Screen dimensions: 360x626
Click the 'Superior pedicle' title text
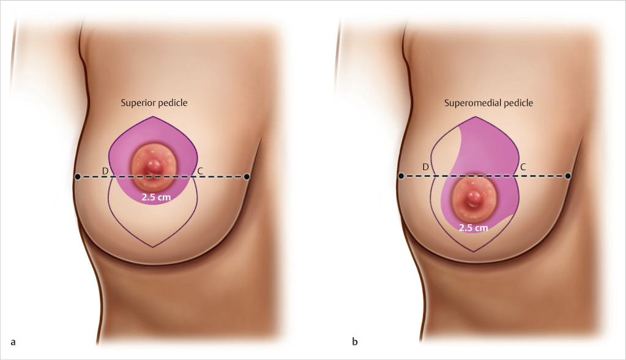point(153,103)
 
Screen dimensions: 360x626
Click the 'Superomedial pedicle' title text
point(488,103)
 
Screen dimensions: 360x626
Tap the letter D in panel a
point(105,170)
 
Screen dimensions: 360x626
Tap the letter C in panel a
point(200,170)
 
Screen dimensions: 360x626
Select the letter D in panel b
point(425,167)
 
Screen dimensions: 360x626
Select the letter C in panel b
point(523,167)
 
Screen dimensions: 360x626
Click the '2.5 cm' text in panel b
point(474,228)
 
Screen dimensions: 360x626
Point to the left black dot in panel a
point(78,177)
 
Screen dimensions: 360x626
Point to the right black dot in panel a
point(247,176)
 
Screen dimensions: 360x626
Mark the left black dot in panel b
point(401,176)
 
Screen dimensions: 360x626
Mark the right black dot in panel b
point(568,176)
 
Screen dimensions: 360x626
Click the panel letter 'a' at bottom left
point(12,340)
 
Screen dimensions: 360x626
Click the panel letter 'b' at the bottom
point(354,340)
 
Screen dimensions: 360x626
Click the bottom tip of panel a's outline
point(152,247)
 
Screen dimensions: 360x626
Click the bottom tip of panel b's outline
point(475,252)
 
